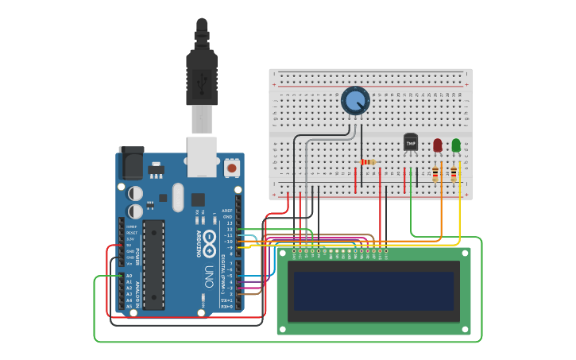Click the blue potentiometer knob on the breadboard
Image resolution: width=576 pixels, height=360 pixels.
[355, 101]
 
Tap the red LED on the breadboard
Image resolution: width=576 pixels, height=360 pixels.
[438, 145]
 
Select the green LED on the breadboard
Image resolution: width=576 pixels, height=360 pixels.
[456, 145]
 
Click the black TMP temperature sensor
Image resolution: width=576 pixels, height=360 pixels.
[410, 141]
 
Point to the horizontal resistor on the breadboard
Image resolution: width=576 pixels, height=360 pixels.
[368, 162]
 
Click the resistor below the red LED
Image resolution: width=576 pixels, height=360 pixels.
[435, 172]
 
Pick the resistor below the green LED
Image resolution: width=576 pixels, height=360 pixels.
[454, 172]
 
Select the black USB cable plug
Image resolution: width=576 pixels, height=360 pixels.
[202, 79]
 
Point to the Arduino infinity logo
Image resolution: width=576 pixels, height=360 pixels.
[210, 243]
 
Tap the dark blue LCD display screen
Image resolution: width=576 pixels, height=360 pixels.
[373, 291]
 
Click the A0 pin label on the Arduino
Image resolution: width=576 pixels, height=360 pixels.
[128, 276]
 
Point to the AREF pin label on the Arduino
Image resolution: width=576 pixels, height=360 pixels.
[227, 211]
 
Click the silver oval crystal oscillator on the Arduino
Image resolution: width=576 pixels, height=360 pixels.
[177, 197]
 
